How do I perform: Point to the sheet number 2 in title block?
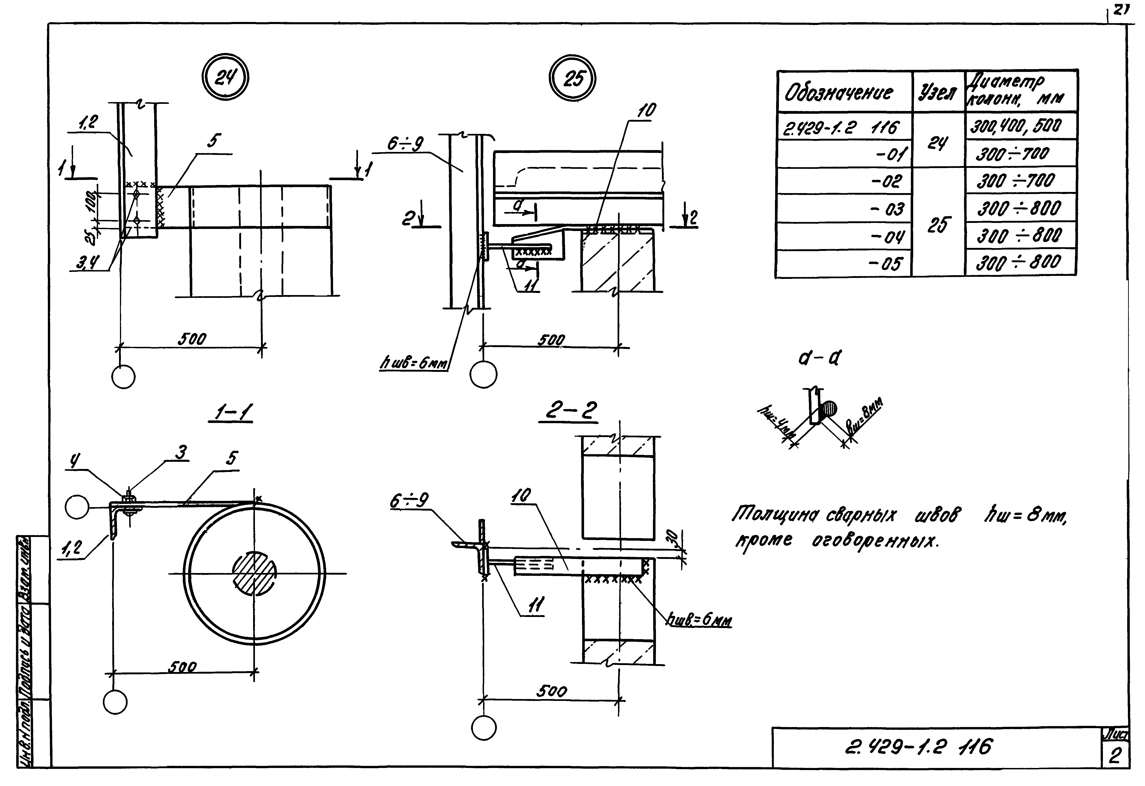pos(1114,756)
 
